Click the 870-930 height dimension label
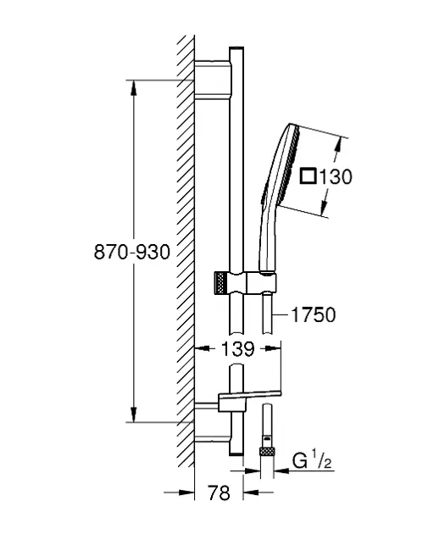point(131,253)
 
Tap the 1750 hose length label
point(314,314)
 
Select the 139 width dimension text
point(238,348)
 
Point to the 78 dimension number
point(219,492)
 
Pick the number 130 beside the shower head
point(336,177)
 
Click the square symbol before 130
point(309,176)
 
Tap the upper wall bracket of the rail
point(213,80)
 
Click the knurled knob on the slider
point(220,282)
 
